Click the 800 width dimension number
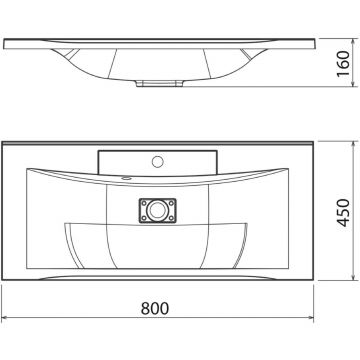pyautogui.click(x=155, y=308)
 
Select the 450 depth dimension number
pyautogui.click(x=343, y=213)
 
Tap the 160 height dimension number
pyautogui.click(x=343, y=63)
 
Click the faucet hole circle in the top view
pyautogui.click(x=157, y=162)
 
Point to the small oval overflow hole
pyautogui.click(x=126, y=178)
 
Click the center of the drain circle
pyautogui.click(x=157, y=211)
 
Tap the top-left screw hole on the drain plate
pyautogui.click(x=144, y=203)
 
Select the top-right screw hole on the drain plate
pyautogui.click(x=171, y=203)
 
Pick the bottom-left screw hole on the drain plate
pyautogui.click(x=144, y=219)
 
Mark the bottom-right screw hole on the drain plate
pyautogui.click(x=171, y=219)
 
